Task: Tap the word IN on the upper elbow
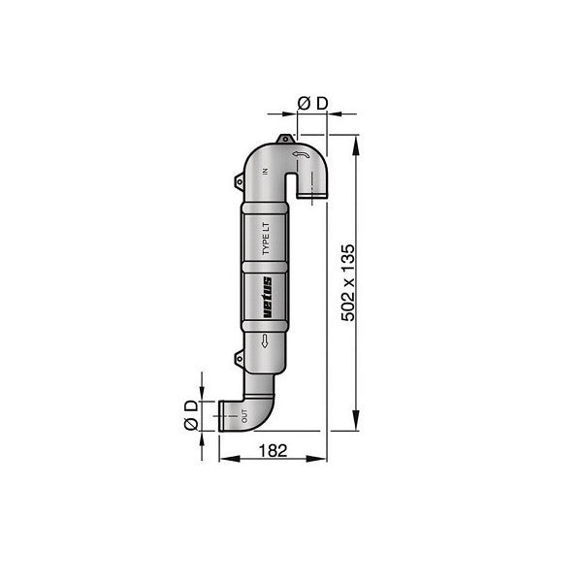click(263, 172)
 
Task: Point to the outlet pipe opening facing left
click(223, 417)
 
